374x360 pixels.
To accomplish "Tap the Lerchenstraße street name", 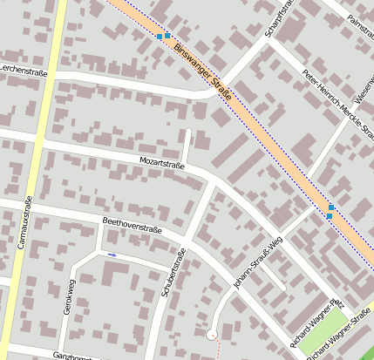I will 24,70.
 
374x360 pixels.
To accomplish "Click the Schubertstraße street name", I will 173,275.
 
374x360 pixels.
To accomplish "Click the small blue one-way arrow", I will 112,255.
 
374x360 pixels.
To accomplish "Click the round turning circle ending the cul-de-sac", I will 211,333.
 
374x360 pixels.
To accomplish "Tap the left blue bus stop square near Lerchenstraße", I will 159,37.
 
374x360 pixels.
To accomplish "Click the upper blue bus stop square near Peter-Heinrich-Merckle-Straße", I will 330,207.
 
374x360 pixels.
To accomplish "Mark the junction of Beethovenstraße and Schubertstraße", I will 187,241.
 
